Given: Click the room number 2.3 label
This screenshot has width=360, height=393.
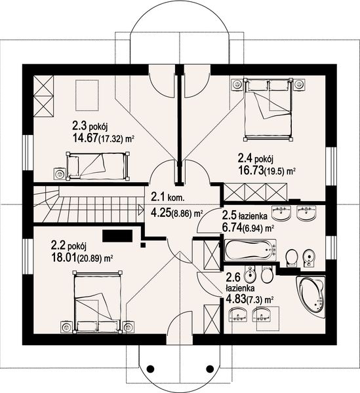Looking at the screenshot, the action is click(79, 126).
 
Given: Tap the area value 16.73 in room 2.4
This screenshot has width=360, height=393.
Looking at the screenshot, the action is click(250, 170).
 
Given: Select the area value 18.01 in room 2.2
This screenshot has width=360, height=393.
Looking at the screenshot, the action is click(64, 257).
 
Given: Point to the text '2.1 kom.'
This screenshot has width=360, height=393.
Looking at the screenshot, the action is click(168, 197).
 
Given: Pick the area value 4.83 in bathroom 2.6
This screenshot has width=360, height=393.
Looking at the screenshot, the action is click(235, 299).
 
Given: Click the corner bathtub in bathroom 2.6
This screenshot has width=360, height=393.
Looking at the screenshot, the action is click(310, 297).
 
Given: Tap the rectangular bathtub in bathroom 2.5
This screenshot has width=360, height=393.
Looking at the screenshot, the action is click(250, 250).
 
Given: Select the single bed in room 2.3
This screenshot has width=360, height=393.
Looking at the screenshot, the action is click(98, 166).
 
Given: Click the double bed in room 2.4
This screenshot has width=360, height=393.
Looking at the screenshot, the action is click(268, 109).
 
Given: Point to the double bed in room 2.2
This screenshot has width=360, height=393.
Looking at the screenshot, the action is click(97, 302).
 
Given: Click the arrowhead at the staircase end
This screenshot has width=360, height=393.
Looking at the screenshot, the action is click(141, 209).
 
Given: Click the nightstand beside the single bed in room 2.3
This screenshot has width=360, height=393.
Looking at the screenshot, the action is click(60, 174).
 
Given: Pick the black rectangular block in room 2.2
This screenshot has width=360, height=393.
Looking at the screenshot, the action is click(117, 236).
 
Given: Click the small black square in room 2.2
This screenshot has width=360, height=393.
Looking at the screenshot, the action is click(143, 245).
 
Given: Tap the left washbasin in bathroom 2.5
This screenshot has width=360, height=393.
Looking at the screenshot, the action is click(281, 213).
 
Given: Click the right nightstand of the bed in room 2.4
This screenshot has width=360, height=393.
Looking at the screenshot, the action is click(300, 84).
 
